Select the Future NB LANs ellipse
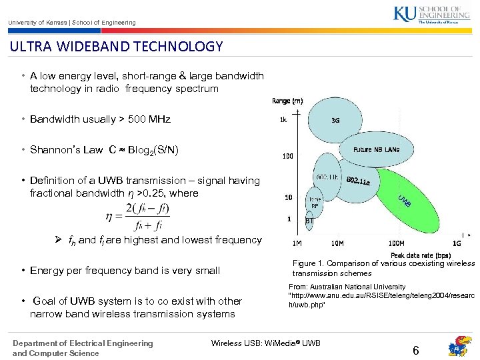376,149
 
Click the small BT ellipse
309,220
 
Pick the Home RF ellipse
315,202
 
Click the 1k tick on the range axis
283,121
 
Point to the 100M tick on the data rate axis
397,243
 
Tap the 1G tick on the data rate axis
457,243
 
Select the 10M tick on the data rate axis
337,243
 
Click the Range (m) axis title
287,101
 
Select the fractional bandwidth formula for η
138,216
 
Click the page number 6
415,350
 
